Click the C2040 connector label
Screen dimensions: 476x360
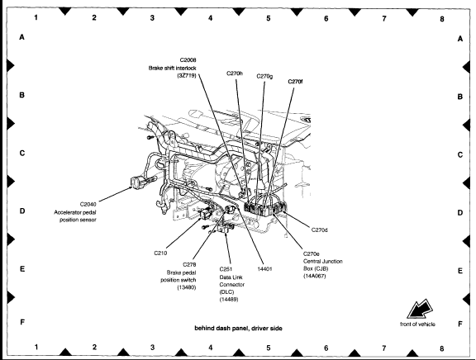[x=88, y=204]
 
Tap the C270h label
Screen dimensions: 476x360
[x=235, y=73]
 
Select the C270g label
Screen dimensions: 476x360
[x=264, y=76]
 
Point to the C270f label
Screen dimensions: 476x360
[x=295, y=81]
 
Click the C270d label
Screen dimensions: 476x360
[x=319, y=230]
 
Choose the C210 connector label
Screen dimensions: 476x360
[x=160, y=253]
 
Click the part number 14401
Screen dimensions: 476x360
[x=264, y=268]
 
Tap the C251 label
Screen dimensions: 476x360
[x=226, y=269]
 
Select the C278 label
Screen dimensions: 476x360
[x=189, y=264]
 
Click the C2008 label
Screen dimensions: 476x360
[x=188, y=60]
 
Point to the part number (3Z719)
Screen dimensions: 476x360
[x=187, y=75]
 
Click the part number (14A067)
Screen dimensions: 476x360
[x=315, y=276]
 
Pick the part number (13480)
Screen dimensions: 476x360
[x=187, y=287]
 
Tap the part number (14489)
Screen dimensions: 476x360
[x=229, y=300]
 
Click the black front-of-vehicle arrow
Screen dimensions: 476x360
[x=420, y=310]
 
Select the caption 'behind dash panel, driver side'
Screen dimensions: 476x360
[x=238, y=328]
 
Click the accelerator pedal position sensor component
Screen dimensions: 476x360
[x=136, y=182]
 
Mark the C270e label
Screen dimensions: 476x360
[x=312, y=253]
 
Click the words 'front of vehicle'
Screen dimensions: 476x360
[x=417, y=324]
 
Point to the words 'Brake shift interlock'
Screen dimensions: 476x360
[x=172, y=68]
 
